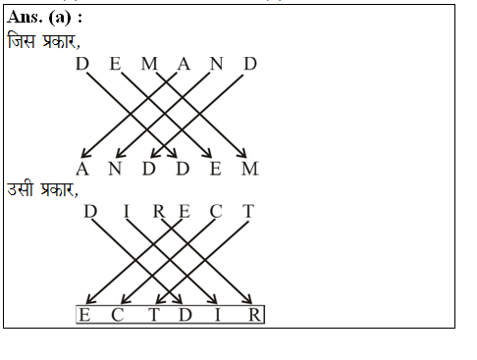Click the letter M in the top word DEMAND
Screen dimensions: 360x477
pos(149,65)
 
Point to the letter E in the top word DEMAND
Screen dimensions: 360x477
pos(116,65)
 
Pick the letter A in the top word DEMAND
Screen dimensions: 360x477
pos(184,65)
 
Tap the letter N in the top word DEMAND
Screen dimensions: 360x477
pos(217,65)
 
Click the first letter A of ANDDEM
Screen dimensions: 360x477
pos(82,170)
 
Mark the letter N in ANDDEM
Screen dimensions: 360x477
pos(116,170)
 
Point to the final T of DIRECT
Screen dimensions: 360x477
pos(249,212)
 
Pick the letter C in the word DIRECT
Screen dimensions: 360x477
pos(217,212)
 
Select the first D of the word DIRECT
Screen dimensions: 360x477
pos(91,212)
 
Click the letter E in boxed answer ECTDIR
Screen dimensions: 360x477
pos(85,315)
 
